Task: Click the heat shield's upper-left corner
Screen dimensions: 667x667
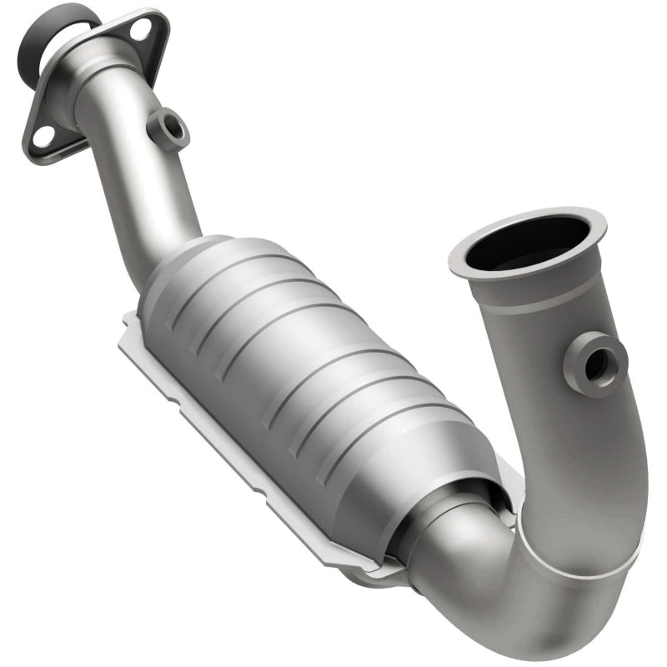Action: point(129,321)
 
